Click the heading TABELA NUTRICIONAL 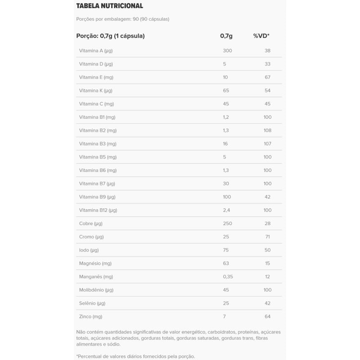click(110, 6)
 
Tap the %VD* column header click(261, 36)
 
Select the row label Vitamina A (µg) click(96, 50)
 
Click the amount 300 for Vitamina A click(227, 50)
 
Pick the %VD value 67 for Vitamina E click(267, 77)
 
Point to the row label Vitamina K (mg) click(95, 90)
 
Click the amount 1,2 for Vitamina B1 click(226, 117)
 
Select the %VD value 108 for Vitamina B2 click(267, 130)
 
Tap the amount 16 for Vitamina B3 click(225, 144)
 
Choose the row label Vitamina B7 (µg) click(97, 184)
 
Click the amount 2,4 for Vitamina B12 click(226, 210)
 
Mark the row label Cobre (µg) click(91, 223)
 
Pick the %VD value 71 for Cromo click(267, 237)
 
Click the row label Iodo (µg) click(89, 250)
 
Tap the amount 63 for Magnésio click(226, 263)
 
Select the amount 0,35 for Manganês click(228, 276)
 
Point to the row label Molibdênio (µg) click(96, 290)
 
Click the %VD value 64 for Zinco click(267, 316)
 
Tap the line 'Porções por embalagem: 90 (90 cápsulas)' click(123, 19)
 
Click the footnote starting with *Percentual click(135, 356)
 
